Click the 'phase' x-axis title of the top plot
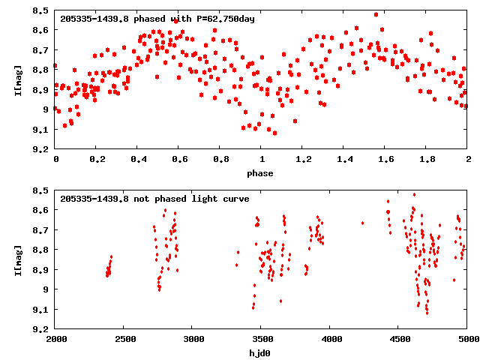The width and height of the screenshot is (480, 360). click(x=261, y=173)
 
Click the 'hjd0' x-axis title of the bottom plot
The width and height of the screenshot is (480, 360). click(x=261, y=352)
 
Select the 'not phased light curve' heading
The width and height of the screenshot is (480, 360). click(x=154, y=199)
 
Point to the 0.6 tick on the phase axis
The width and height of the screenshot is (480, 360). click(x=179, y=160)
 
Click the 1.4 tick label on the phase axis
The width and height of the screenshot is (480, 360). click(x=343, y=160)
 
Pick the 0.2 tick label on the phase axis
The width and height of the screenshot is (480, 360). click(x=97, y=160)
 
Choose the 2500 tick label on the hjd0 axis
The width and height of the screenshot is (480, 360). click(x=124, y=340)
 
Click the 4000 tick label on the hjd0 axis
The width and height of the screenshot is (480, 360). click(x=330, y=340)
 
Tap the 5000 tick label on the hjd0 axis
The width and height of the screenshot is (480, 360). click(x=466, y=340)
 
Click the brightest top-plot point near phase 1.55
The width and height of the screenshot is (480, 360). click(x=376, y=14)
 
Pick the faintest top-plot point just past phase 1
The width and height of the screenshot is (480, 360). click(x=275, y=133)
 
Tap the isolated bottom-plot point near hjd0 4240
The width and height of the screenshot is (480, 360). click(x=362, y=223)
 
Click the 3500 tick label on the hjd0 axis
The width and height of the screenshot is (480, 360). click(x=261, y=340)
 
